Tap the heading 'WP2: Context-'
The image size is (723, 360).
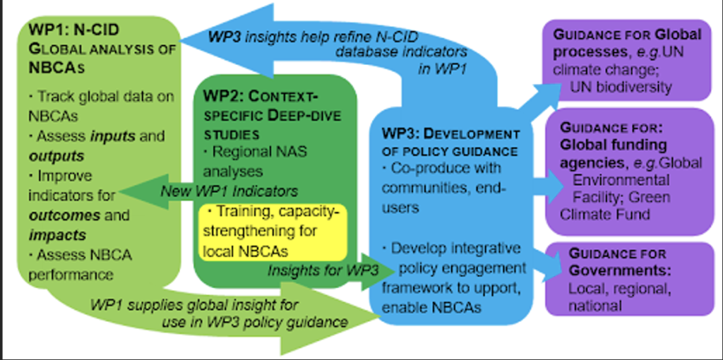pyautogui.click(x=257, y=97)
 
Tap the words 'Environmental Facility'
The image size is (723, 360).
pyautogui.click(x=621, y=188)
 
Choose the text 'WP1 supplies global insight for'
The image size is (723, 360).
pyautogui.click(x=194, y=306)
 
